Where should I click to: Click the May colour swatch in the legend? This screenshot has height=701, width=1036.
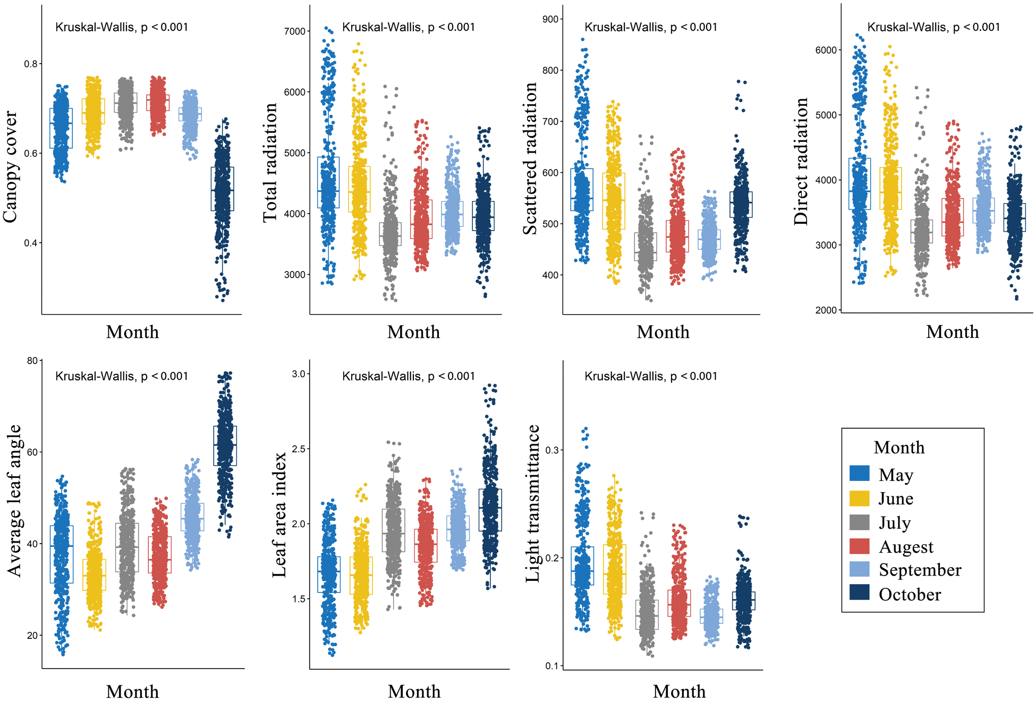click(859, 474)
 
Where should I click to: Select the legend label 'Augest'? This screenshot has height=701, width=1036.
click(906, 547)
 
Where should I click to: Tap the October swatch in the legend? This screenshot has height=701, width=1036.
click(859, 593)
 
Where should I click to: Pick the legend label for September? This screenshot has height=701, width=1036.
click(920, 570)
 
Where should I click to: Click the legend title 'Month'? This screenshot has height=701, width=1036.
click(899, 447)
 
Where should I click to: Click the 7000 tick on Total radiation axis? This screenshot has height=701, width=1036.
click(295, 31)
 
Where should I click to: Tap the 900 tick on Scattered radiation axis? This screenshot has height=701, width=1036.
click(551, 19)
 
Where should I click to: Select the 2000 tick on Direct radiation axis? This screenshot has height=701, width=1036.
click(826, 310)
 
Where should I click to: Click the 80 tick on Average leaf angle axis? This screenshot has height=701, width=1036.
click(32, 361)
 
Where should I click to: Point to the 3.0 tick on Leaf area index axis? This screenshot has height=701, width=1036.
click(299, 374)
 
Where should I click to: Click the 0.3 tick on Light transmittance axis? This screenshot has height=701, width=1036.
click(552, 450)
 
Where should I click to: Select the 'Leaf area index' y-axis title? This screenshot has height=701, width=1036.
click(279, 514)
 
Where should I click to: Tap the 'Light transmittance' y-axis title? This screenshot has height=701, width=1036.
click(532, 503)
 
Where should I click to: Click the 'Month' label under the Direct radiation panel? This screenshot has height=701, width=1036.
click(952, 332)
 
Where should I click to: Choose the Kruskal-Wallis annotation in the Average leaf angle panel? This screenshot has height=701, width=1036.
click(122, 376)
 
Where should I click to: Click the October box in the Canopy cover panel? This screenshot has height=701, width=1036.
click(222, 189)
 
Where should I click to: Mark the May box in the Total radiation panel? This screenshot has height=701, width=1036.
click(328, 182)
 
